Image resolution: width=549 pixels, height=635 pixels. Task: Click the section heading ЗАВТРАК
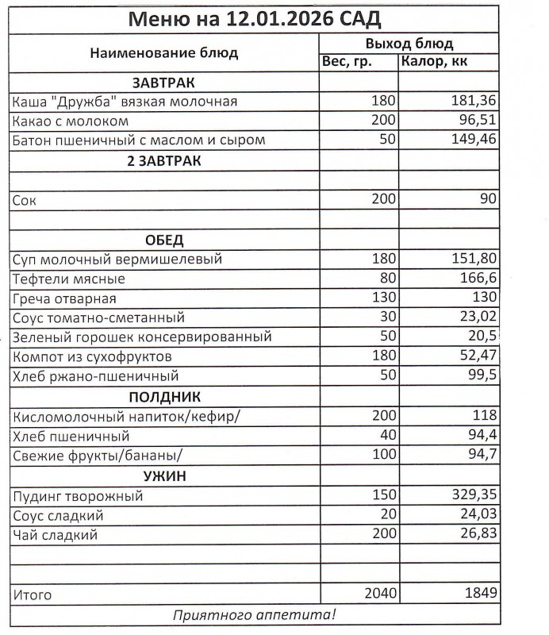(163, 83)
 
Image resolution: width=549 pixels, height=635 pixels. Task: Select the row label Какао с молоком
(71, 122)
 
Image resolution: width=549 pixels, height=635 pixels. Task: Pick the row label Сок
(25, 201)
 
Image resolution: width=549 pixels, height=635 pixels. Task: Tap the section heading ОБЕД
(163, 240)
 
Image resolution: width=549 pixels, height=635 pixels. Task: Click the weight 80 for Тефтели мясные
(386, 279)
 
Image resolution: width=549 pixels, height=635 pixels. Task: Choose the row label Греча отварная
(64, 299)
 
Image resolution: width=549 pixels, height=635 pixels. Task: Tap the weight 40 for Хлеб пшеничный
(386, 436)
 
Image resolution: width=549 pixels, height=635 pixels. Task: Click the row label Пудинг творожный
(78, 497)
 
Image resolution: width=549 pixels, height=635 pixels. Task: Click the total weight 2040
(379, 594)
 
